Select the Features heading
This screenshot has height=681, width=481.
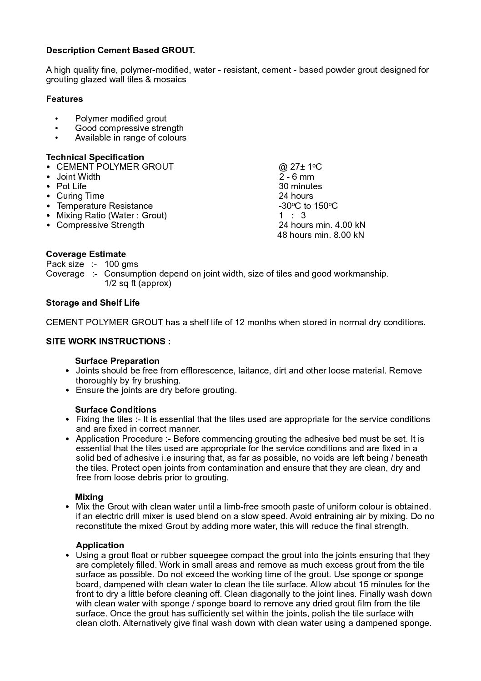tap(65, 99)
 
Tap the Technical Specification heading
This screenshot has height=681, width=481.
tap(95, 157)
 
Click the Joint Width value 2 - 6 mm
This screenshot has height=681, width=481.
tap(296, 177)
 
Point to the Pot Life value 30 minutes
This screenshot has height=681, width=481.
tap(300, 187)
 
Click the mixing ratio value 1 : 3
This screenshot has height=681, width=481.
tap(292, 216)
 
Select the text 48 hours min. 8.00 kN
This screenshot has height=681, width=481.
tap(321, 235)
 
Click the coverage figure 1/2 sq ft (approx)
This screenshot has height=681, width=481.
tap(137, 283)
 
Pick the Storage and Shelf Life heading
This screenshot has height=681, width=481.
tap(93, 303)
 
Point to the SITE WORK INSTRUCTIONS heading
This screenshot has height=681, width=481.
tap(108, 342)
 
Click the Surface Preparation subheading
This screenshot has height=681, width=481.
tap(117, 361)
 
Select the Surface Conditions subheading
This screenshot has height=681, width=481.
tap(115, 410)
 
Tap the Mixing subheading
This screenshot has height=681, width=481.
tap(89, 497)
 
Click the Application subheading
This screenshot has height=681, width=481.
tap(100, 545)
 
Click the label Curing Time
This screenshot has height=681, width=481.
tap(80, 196)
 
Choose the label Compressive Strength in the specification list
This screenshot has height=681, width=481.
tap(100, 225)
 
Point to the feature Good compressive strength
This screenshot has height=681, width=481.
tap(129, 128)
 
